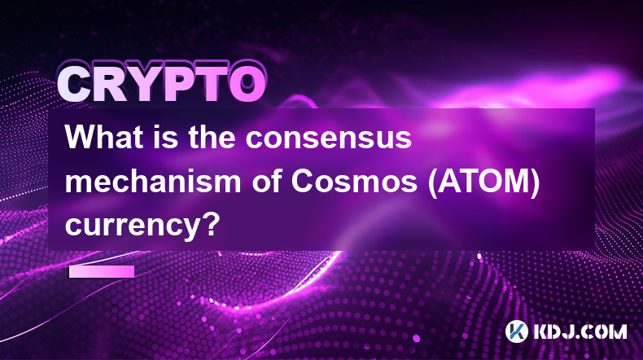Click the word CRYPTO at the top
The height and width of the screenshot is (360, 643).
click(162, 83)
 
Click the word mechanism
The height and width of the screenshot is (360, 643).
click(153, 181)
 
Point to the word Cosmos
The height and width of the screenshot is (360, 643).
click(355, 182)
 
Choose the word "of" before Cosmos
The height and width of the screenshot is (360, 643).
click(267, 181)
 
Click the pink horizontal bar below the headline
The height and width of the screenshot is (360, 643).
click(102, 271)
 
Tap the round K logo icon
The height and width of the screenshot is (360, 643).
click(517, 331)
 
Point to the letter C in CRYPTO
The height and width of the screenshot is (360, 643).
click(76, 84)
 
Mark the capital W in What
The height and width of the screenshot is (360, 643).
click(83, 137)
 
